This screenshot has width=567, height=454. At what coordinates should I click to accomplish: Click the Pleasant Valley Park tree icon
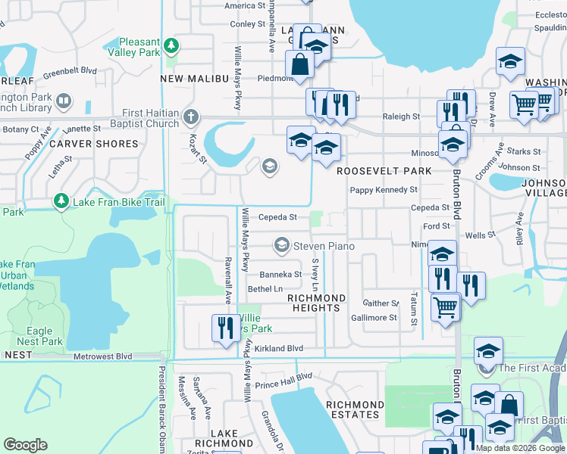coord(172,45)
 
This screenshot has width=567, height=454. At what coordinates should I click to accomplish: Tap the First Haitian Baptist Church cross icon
coord(190,118)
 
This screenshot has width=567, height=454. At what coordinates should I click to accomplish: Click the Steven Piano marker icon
coord(282,245)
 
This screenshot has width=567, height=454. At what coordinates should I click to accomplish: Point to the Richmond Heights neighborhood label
coord(316,303)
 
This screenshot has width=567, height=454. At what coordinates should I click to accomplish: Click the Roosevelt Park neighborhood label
coord(384,171)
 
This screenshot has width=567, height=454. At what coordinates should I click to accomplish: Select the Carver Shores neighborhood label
coord(95,144)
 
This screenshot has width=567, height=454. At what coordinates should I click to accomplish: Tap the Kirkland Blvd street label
coord(278,349)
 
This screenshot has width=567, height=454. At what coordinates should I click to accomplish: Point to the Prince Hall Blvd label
coord(283,381)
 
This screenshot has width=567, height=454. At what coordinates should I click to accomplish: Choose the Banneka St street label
coord(280,275)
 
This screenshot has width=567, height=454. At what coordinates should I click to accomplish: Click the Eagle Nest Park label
coord(39,336)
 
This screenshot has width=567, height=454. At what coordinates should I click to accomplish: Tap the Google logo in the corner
coord(25,445)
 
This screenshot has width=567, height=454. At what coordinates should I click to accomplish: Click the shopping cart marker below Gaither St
coord(445,307)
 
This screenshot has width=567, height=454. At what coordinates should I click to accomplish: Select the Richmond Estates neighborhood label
coord(352,410)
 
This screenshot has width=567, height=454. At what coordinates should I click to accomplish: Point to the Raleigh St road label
coord(401,117)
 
